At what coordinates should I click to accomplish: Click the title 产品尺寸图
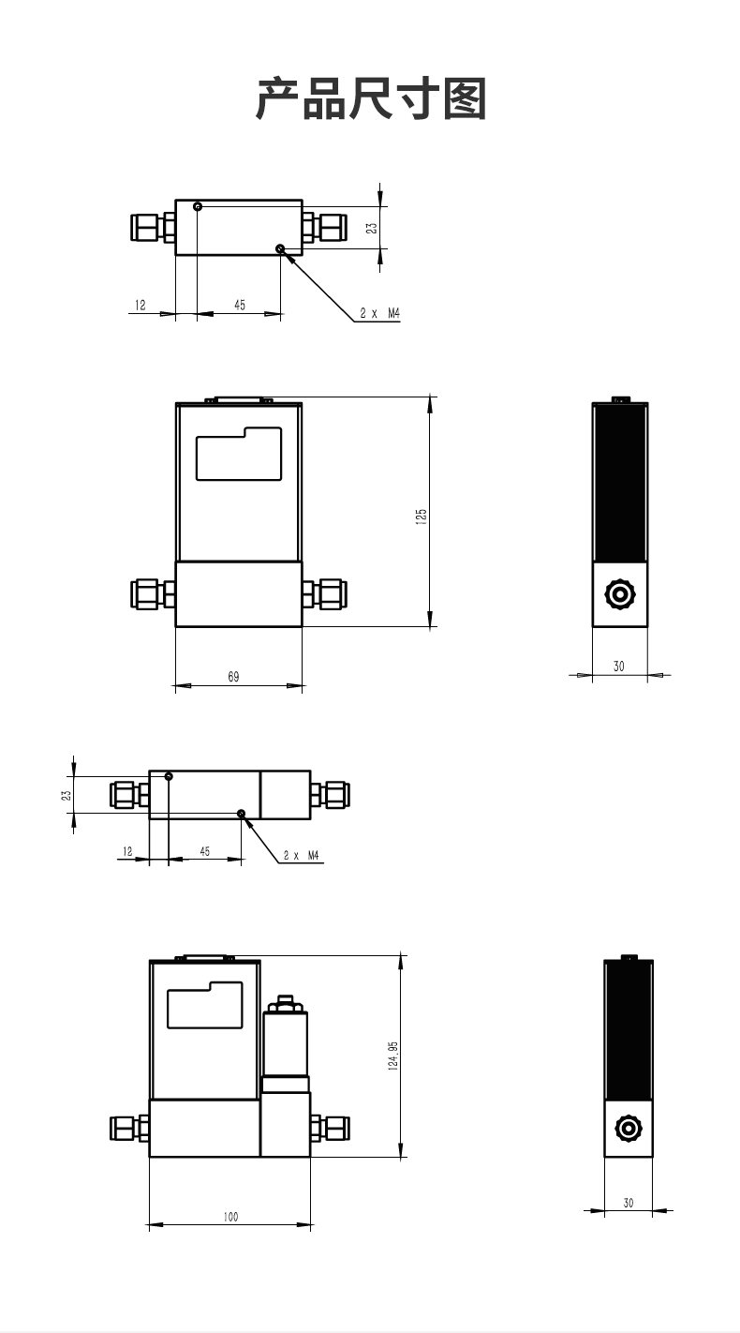click(x=371, y=98)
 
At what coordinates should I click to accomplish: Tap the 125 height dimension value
click(x=422, y=516)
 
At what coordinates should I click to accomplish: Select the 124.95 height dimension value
click(x=393, y=1056)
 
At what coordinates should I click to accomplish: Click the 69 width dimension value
click(x=234, y=677)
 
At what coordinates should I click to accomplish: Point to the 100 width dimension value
click(x=230, y=1217)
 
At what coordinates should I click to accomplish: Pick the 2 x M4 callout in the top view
click(x=380, y=313)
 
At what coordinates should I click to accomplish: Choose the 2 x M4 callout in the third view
click(x=302, y=855)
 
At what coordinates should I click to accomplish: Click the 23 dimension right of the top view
click(x=372, y=228)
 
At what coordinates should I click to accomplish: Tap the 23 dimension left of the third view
click(x=66, y=794)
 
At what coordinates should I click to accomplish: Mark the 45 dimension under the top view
click(x=240, y=306)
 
